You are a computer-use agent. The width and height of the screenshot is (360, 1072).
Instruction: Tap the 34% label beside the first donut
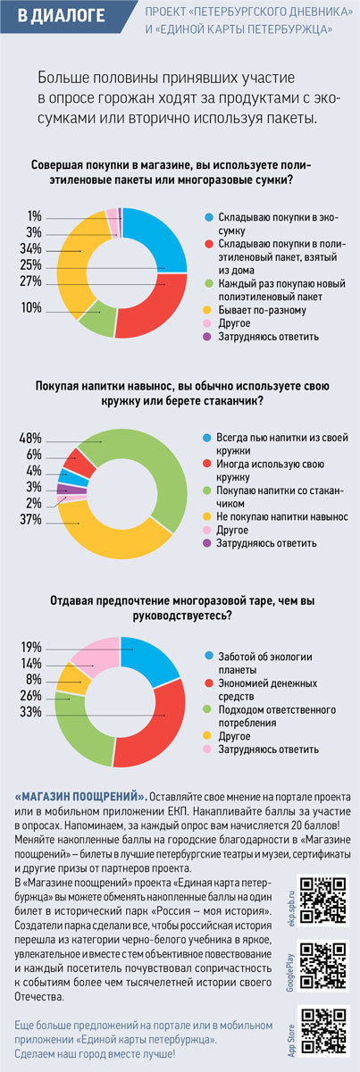[30, 249]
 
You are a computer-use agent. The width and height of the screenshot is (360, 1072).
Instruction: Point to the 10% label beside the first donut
[31, 307]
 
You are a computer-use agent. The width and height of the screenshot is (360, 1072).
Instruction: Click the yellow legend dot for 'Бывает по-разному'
[207, 310]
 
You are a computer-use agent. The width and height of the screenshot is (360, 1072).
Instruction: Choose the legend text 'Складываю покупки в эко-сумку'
[278, 224]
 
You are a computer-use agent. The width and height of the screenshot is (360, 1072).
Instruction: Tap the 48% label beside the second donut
[30, 438]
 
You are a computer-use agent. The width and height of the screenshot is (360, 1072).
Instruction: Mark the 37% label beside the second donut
[30, 520]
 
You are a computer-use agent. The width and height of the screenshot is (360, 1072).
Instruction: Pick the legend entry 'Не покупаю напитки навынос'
[282, 517]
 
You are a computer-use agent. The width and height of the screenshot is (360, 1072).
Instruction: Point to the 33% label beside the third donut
[30, 712]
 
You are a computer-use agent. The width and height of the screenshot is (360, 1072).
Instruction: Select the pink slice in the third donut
[96, 653]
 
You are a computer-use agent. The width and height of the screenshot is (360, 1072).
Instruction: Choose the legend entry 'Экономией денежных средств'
[268, 690]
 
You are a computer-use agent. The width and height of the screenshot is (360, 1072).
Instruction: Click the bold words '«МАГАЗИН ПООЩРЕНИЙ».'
[80, 797]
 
